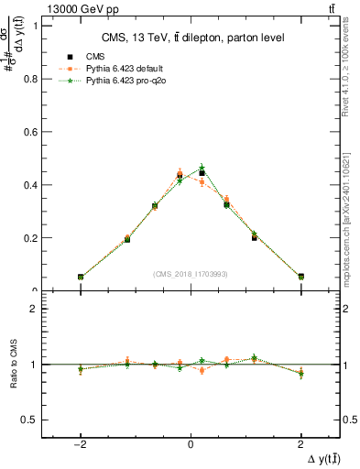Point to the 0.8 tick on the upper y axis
[32, 79]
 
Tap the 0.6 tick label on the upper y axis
[32, 132]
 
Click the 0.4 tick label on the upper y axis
[32, 185]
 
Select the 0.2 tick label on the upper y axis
[32, 238]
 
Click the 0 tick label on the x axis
[191, 442]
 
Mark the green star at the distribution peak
[202, 168]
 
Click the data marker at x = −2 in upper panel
[81, 277]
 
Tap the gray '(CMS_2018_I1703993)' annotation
[191, 274]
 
